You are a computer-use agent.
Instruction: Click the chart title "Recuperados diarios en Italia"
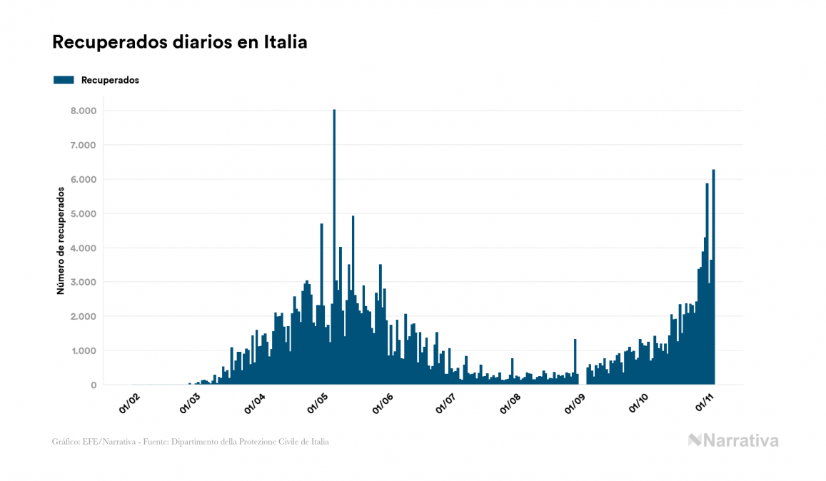coord(180,42)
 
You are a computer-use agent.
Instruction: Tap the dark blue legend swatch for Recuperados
coord(64,80)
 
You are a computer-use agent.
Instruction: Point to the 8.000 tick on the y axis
coord(83,111)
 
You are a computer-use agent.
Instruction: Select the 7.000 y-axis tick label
coord(83,145)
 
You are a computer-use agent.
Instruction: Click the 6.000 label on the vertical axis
coord(83,179)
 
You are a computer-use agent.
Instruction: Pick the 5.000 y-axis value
coord(83,213)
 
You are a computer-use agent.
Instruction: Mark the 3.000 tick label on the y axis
coord(83,282)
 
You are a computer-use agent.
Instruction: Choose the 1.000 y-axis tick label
coord(83,350)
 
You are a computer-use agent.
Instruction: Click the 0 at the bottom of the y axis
coord(93,385)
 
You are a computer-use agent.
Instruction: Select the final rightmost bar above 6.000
coord(713,278)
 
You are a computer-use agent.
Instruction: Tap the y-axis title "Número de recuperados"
coord(61,241)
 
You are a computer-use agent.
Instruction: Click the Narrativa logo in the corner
coord(733,440)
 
